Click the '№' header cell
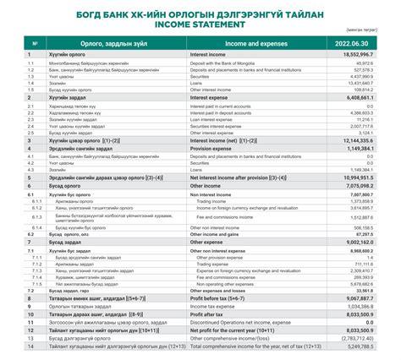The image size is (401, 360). click(34, 42)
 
